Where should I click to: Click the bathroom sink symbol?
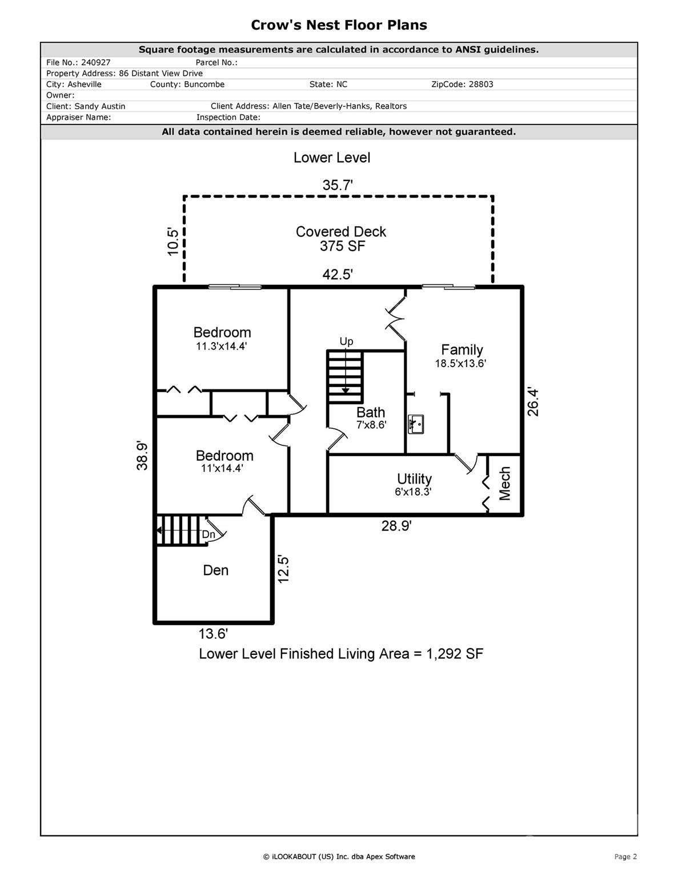(416, 424)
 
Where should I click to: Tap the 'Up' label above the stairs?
(346, 341)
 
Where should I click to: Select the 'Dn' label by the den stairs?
(208, 534)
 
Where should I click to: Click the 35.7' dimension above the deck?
(338, 185)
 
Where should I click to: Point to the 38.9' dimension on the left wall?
(142, 455)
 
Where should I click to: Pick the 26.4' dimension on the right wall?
(533, 402)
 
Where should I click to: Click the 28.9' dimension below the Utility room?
(396, 526)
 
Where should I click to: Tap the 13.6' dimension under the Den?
(213, 634)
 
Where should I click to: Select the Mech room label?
(505, 484)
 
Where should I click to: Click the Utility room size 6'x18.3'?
(414, 492)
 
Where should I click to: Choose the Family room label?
(462, 349)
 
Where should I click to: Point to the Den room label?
(216, 570)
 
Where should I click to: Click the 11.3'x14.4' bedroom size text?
(222, 346)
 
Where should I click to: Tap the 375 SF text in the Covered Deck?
(343, 246)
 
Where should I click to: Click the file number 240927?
(95, 63)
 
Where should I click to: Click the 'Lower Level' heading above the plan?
(332, 158)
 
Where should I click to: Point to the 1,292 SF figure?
(455, 654)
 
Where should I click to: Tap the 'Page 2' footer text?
(625, 856)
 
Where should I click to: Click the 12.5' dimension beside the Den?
(283, 569)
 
